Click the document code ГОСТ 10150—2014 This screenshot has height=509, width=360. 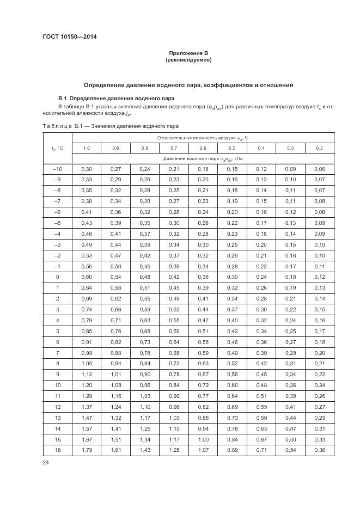[x=65, y=37]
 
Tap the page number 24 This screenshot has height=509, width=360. [x=46, y=462]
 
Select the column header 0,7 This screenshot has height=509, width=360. [x=174, y=148]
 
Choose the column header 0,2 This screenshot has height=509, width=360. [x=319, y=148]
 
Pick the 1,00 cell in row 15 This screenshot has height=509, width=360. [x=203, y=438]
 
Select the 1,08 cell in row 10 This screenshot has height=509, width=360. [x=115, y=384]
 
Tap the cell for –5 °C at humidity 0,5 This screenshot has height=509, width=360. [x=232, y=223]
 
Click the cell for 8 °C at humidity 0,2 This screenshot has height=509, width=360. [x=319, y=363]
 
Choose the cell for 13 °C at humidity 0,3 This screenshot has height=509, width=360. [x=290, y=417]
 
